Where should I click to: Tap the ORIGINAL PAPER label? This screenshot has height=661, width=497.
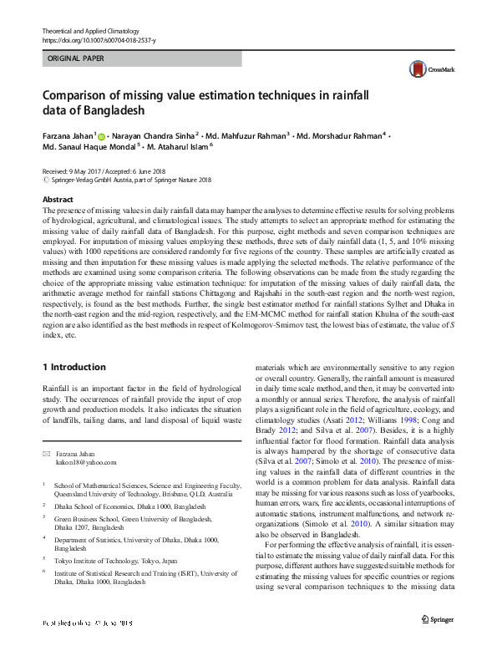pos(76,59)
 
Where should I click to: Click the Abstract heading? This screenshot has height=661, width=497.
pos(58,200)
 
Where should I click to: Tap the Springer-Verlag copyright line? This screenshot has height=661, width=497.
pos(127,179)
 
